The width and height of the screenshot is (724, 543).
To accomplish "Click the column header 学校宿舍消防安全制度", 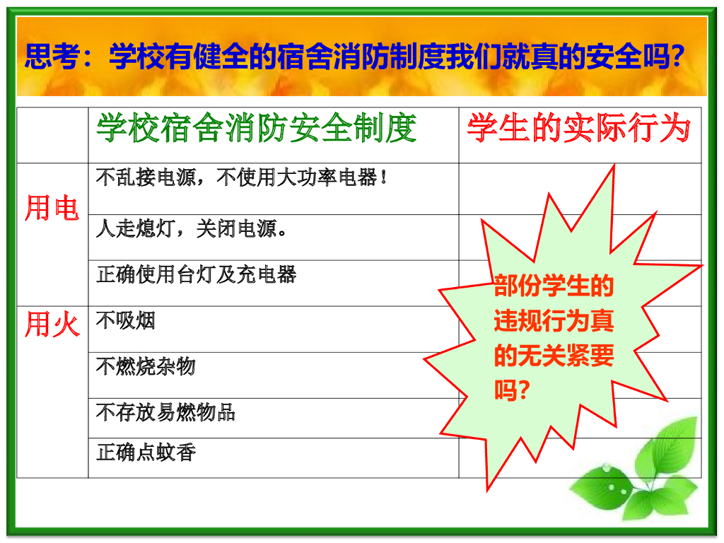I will (x=256, y=129).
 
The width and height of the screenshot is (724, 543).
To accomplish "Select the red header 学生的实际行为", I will (x=578, y=129).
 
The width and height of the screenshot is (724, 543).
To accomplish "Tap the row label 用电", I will (x=52, y=209).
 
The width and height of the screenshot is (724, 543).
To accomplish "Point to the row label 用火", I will (x=52, y=325).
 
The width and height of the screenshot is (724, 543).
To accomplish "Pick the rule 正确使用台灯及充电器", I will (x=196, y=274).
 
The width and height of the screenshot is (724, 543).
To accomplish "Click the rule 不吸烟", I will (x=125, y=321).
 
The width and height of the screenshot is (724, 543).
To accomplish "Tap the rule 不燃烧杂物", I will (x=145, y=366).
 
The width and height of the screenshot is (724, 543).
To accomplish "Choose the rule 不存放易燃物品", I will (x=165, y=412).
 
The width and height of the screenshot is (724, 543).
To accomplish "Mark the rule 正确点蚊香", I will (x=145, y=452).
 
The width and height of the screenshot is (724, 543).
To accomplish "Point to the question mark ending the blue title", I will (x=677, y=56).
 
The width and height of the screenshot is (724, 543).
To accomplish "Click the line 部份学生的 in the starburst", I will (x=554, y=287).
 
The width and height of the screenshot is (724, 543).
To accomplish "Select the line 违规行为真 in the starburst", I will (x=554, y=322).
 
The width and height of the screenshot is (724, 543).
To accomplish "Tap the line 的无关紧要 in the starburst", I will (x=554, y=356).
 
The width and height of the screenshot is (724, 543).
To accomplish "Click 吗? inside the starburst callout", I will (x=513, y=390).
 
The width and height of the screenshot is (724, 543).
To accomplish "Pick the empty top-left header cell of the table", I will (x=52, y=135).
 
